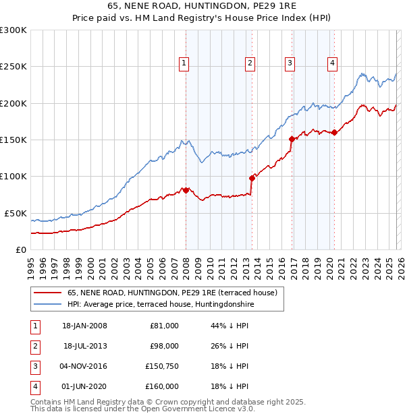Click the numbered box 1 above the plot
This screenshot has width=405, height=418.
[x=184, y=63]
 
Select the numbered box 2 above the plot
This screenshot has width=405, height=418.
[x=250, y=63]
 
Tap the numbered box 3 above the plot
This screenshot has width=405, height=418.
[x=290, y=63]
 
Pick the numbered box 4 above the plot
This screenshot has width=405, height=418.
[x=333, y=63]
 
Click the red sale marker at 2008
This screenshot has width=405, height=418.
[x=186, y=191]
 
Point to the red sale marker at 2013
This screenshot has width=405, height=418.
[x=252, y=178]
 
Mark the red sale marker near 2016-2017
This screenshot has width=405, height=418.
[x=292, y=140]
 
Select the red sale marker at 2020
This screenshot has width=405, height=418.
[x=334, y=133]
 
